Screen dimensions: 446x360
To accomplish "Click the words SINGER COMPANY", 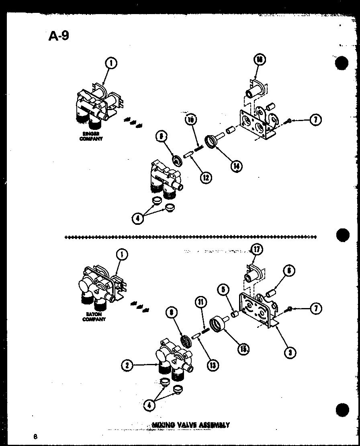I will [x=91, y=136].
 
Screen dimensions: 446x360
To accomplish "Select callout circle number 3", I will [x=290, y=352].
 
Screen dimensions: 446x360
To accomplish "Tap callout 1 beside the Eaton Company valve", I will [x=122, y=254].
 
